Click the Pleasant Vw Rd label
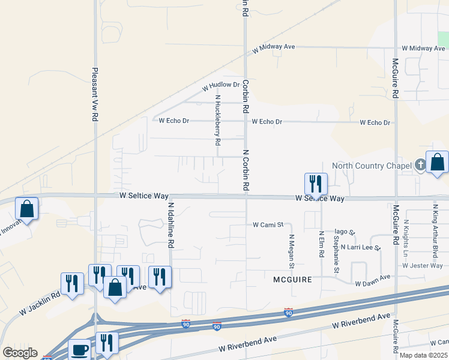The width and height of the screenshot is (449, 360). click(x=95, y=95)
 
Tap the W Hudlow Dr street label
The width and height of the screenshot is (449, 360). click(x=220, y=86)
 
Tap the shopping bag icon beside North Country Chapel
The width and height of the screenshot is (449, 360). click(x=438, y=163)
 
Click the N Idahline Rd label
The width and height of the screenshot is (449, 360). click(x=171, y=225)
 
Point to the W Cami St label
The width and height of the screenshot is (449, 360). click(x=268, y=225)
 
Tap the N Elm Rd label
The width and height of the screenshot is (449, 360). click(x=322, y=245)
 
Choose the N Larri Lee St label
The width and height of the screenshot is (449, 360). click(x=361, y=247)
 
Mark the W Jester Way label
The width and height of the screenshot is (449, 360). click(x=423, y=265)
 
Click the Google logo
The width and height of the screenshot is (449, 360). click(x=20, y=353)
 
